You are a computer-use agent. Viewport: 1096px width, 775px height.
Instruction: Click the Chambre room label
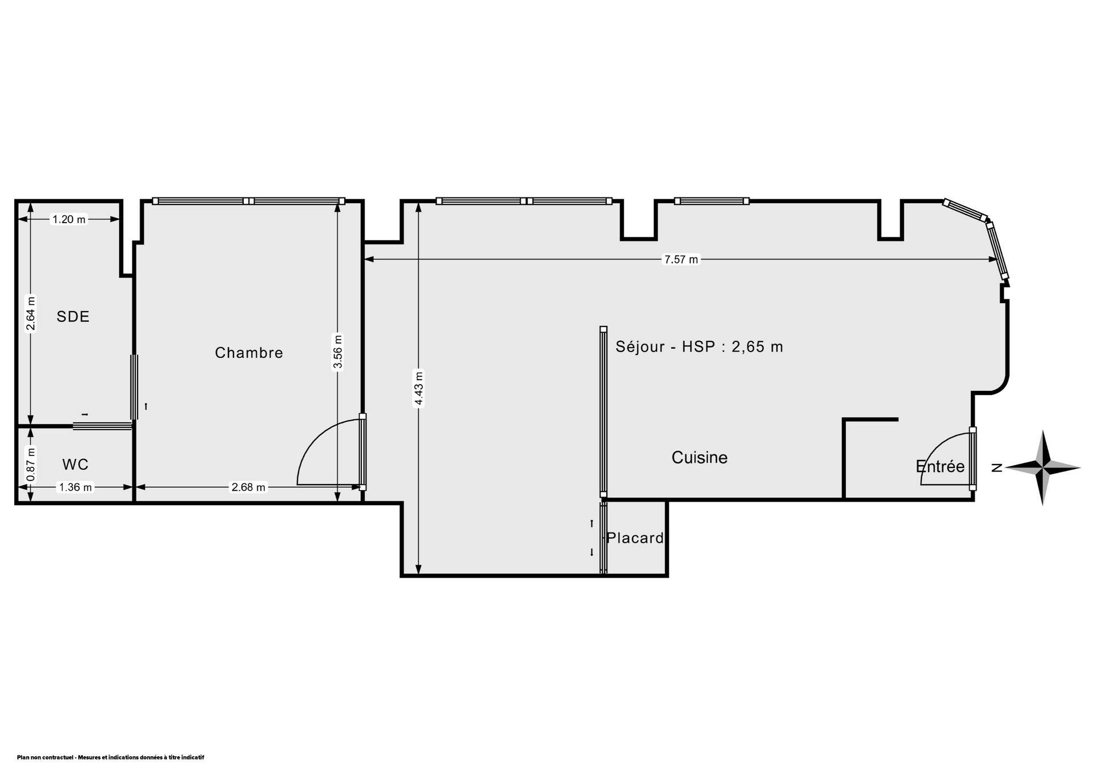click(249, 353)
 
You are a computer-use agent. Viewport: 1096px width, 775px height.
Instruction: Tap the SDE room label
click(73, 317)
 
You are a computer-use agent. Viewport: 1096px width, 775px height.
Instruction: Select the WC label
click(75, 465)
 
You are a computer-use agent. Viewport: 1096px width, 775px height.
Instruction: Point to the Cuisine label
click(699, 457)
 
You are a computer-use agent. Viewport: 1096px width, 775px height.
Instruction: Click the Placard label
click(635, 538)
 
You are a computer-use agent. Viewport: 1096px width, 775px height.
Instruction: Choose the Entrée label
click(940, 466)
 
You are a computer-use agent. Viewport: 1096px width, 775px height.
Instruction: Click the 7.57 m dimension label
click(680, 260)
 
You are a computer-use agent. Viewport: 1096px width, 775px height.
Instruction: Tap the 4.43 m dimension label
click(418, 389)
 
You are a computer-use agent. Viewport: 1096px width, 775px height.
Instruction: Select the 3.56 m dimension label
click(337, 352)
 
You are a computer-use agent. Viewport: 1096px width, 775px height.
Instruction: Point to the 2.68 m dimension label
click(248, 487)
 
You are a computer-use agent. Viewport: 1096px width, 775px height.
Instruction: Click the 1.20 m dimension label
click(68, 219)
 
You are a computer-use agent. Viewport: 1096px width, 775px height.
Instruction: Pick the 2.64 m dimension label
click(31, 313)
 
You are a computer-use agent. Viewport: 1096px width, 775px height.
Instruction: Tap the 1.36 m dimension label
click(75, 487)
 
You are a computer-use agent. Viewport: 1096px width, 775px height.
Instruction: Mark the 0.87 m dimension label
click(31, 463)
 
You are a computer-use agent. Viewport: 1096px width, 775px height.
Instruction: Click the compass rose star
click(1043, 468)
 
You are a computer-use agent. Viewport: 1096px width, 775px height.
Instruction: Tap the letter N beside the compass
click(997, 468)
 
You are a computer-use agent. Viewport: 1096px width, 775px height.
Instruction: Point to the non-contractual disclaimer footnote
click(111, 757)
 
